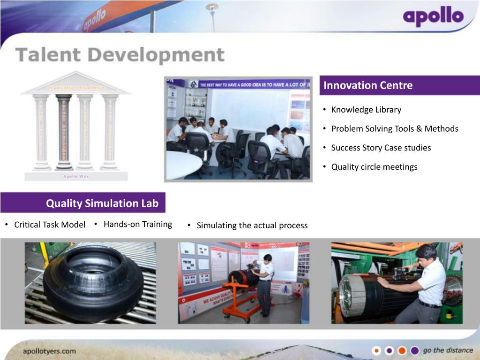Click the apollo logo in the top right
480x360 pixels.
[x=433, y=17]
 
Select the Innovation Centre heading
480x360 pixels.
[x=368, y=85]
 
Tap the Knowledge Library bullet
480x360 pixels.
[x=366, y=110]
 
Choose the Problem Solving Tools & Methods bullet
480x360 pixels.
[x=395, y=128]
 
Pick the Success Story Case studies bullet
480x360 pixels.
[x=381, y=148]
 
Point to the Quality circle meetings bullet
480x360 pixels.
[x=374, y=167]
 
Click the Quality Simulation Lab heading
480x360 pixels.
[x=102, y=203]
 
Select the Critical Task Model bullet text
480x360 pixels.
[x=50, y=225]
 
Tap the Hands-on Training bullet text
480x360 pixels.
[x=138, y=224]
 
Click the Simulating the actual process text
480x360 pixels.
[x=252, y=225]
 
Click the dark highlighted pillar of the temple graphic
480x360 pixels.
[x=63, y=132]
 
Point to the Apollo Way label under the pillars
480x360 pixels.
[x=76, y=176]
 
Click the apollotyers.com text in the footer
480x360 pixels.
[x=49, y=351]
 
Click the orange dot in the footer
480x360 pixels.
[x=402, y=351]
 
